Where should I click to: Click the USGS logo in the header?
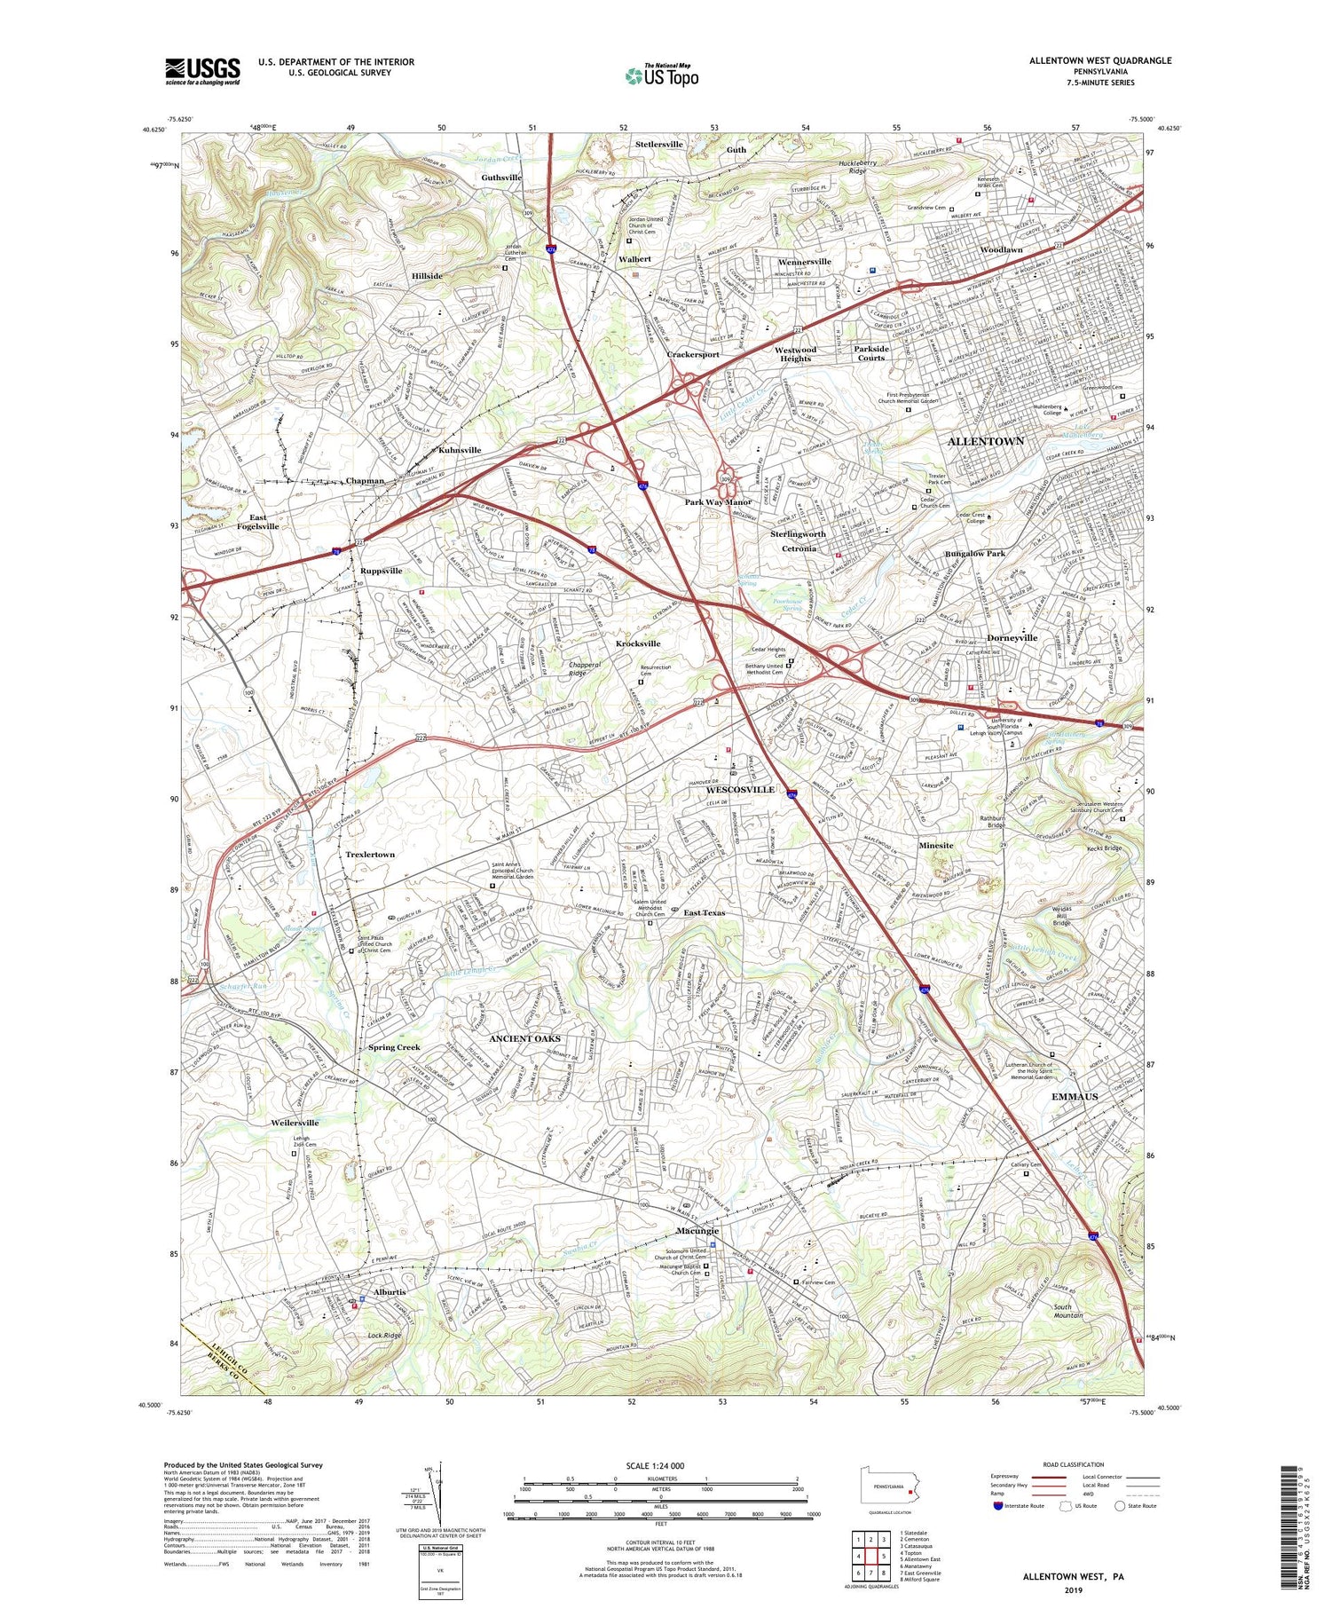202,71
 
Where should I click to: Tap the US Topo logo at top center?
661,76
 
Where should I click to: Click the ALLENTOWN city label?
985,441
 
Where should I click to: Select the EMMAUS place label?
1074,1096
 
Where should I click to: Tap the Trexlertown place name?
370,854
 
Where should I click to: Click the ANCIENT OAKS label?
524,1037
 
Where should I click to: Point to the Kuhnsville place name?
459,450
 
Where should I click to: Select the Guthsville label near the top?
501,177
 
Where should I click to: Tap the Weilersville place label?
295,1123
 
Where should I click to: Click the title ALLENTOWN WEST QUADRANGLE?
1099,60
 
